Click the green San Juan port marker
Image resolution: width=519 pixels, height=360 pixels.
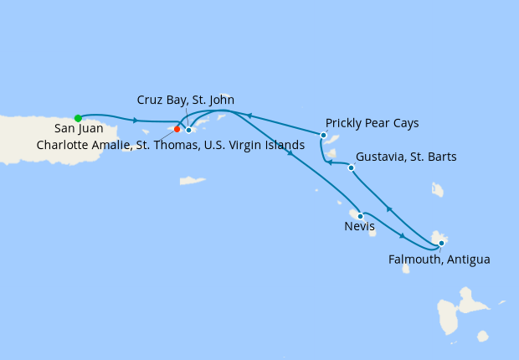coord(78,118)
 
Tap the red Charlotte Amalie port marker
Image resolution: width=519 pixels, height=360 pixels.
coord(177,129)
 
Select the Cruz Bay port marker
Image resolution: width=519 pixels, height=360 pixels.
coord(189,130)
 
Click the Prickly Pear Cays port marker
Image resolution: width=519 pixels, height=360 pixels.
coord(323,134)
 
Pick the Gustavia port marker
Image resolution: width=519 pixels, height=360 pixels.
coord(351,167)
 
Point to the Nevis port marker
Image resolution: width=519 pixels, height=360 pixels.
coord(360,216)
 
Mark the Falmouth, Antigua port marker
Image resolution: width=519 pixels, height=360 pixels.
coord(441,244)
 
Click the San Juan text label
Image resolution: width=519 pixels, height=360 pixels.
coord(79,129)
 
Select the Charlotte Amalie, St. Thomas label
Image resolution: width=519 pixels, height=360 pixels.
coord(171,144)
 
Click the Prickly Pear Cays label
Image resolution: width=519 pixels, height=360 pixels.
coord(372,123)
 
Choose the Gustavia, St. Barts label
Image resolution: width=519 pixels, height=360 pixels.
coord(405,157)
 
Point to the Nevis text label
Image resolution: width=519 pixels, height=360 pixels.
coord(359,226)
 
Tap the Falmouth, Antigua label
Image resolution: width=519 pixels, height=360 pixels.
coord(439,259)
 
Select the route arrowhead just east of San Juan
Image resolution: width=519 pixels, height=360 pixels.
coord(135,121)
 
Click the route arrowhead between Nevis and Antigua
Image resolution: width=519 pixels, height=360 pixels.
coord(403,235)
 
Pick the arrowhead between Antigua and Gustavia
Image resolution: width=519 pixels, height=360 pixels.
coord(388,208)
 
